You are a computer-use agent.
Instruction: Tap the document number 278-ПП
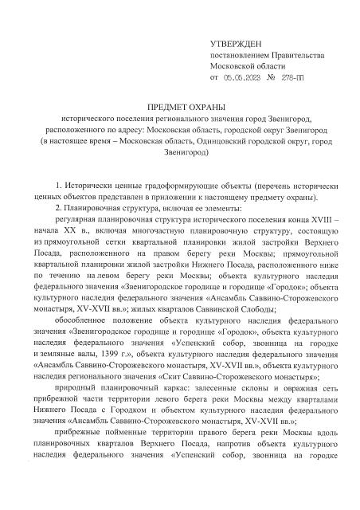coord(304,78)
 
